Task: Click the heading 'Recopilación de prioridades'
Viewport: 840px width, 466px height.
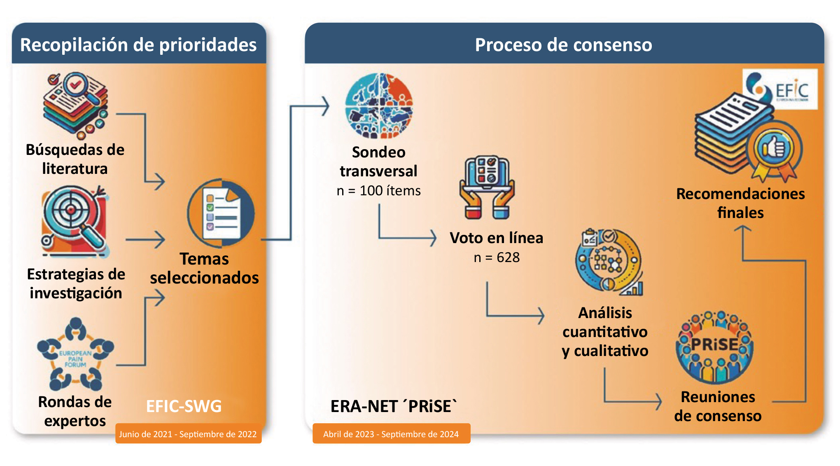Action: coord(138,44)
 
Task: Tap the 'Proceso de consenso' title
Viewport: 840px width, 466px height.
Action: coord(563,44)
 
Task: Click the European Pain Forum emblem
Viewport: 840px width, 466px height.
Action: coord(75,355)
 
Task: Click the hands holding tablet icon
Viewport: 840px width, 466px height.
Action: coord(487,187)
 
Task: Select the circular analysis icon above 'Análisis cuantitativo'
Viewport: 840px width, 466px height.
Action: coord(609,262)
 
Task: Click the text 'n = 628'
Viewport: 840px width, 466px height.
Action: coord(497,258)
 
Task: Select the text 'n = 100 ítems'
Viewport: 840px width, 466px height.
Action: coord(379,191)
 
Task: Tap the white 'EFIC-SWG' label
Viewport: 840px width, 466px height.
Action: coord(184,406)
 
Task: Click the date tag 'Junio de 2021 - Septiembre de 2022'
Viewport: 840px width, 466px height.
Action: coord(188,434)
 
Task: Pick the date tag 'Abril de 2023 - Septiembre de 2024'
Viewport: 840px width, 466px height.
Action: coord(391,434)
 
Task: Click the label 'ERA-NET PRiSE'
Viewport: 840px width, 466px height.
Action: coord(394,406)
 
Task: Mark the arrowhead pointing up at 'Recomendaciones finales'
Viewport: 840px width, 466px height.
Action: coord(743,229)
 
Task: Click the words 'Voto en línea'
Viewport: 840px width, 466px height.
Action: coord(497,238)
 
